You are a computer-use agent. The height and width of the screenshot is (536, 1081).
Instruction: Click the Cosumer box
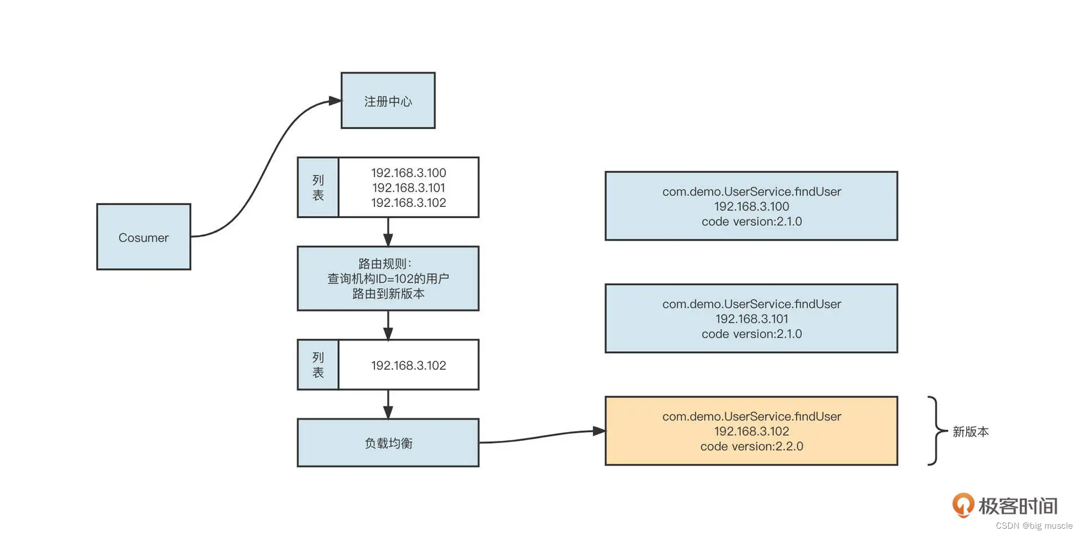click(x=144, y=237)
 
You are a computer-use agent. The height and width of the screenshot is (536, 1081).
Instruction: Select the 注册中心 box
click(x=388, y=101)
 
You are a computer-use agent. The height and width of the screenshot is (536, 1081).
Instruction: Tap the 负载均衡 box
click(x=388, y=443)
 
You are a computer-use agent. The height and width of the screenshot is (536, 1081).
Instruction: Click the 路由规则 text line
click(x=385, y=264)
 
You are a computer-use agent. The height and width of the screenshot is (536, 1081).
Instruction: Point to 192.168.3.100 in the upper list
click(x=408, y=173)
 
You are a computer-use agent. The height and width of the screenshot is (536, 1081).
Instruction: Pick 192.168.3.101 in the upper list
click(x=408, y=188)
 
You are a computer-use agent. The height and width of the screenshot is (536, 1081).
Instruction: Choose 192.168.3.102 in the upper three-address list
click(x=408, y=203)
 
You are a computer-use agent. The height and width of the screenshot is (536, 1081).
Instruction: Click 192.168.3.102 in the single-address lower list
click(x=408, y=365)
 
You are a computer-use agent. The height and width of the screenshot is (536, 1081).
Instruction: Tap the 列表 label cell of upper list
click(x=318, y=188)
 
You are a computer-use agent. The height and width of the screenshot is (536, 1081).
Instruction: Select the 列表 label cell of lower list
click(x=318, y=365)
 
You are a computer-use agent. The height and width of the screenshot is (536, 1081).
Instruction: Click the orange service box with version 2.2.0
click(x=751, y=431)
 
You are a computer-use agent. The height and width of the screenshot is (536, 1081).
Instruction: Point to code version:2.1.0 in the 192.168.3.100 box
click(x=751, y=222)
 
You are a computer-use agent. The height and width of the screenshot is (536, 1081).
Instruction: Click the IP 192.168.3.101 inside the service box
click(x=751, y=319)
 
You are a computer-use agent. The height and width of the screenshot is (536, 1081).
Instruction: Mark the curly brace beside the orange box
click(x=936, y=431)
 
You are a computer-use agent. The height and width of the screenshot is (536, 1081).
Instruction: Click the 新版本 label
click(x=970, y=432)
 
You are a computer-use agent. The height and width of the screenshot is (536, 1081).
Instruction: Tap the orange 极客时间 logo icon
click(x=963, y=505)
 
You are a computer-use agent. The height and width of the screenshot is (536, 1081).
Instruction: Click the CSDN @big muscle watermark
click(x=1034, y=526)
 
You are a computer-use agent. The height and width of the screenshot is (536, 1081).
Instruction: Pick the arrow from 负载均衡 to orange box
click(x=540, y=436)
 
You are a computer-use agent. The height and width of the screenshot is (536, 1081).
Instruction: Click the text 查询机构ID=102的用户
click(x=388, y=278)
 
